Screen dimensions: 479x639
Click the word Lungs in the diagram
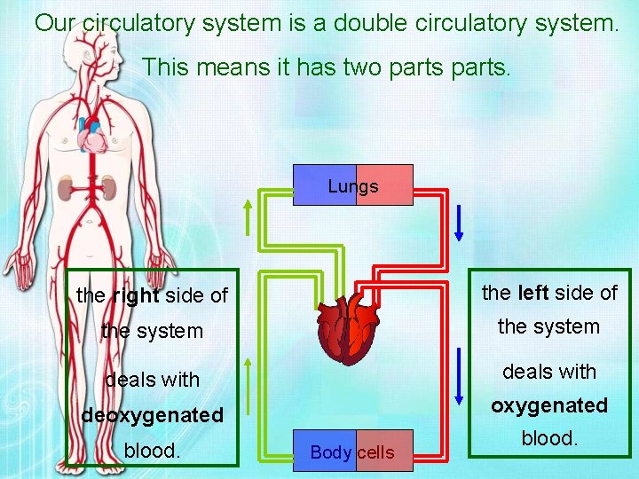click(x=352, y=186)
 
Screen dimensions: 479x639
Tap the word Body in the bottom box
click(x=331, y=452)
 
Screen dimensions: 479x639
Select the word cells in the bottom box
click(x=375, y=452)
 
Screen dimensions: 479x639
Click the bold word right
click(x=136, y=295)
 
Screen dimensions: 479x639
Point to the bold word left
click(x=532, y=293)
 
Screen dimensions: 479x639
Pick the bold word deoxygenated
click(x=152, y=415)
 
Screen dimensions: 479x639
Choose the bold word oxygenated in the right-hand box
click(x=549, y=405)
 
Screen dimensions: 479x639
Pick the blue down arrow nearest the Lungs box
click(x=459, y=222)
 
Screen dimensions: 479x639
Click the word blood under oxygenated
click(x=549, y=438)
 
